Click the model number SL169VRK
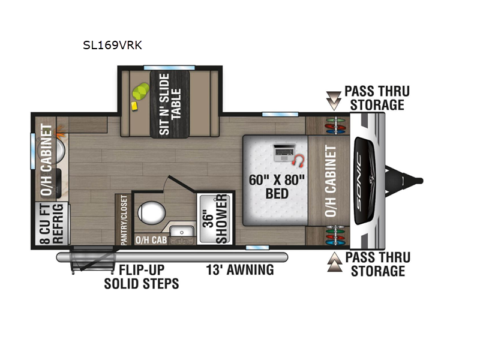tap(112, 46)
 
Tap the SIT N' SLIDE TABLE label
tap(170, 104)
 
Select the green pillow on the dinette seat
tap(140, 91)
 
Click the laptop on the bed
tap(284, 153)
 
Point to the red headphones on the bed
tap(298, 161)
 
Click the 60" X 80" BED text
tap(277, 187)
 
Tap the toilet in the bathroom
tap(151, 212)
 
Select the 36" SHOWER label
tap(215, 218)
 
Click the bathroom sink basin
tap(182, 232)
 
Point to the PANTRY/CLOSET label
tap(124, 220)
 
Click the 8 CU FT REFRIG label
tap(52, 224)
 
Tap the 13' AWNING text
tap(240, 269)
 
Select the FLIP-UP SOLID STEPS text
tap(142, 277)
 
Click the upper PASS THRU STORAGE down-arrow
tap(334, 101)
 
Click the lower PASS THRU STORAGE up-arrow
tap(335, 262)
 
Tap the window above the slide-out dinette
tap(169, 68)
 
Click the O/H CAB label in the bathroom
tap(151, 240)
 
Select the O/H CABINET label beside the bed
tap(331, 181)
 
